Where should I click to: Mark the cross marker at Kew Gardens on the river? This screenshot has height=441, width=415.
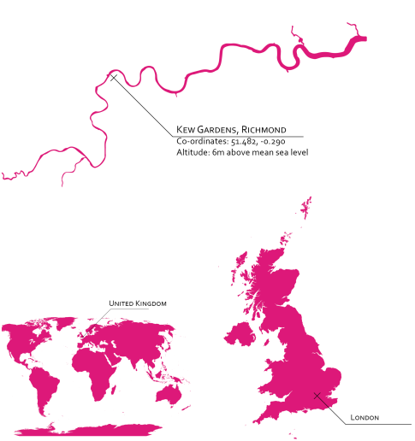(x=114, y=78)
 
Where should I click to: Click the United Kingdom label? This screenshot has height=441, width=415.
(x=138, y=303)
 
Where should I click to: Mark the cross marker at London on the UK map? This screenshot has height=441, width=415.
(x=317, y=396)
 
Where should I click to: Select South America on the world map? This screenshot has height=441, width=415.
(x=42, y=380)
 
